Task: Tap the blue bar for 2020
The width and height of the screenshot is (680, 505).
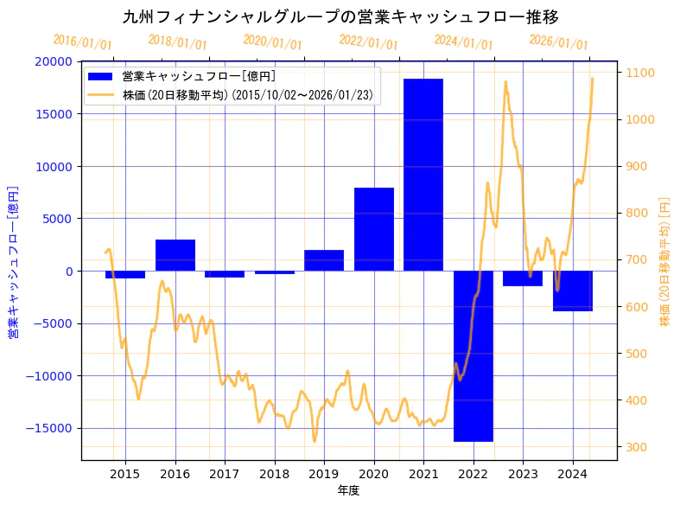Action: tap(374, 229)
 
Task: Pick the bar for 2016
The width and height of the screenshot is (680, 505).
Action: tap(175, 255)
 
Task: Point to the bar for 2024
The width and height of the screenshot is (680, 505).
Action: tap(573, 291)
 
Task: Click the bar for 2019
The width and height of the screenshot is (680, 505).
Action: tap(324, 260)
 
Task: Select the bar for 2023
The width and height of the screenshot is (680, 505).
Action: tap(523, 278)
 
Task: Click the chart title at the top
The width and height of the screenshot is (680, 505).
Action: tap(340, 16)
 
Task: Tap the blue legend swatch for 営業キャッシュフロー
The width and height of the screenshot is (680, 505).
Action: tap(102, 76)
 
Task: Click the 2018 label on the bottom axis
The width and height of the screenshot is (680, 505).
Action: tap(275, 474)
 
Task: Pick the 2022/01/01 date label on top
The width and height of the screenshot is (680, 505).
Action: tap(369, 42)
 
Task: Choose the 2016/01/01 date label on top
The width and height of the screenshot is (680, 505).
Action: tap(83, 42)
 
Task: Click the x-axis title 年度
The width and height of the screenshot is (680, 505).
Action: tap(348, 490)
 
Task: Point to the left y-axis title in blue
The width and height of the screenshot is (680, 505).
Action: tap(13, 262)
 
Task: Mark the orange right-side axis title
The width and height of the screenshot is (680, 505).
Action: tap(664, 262)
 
